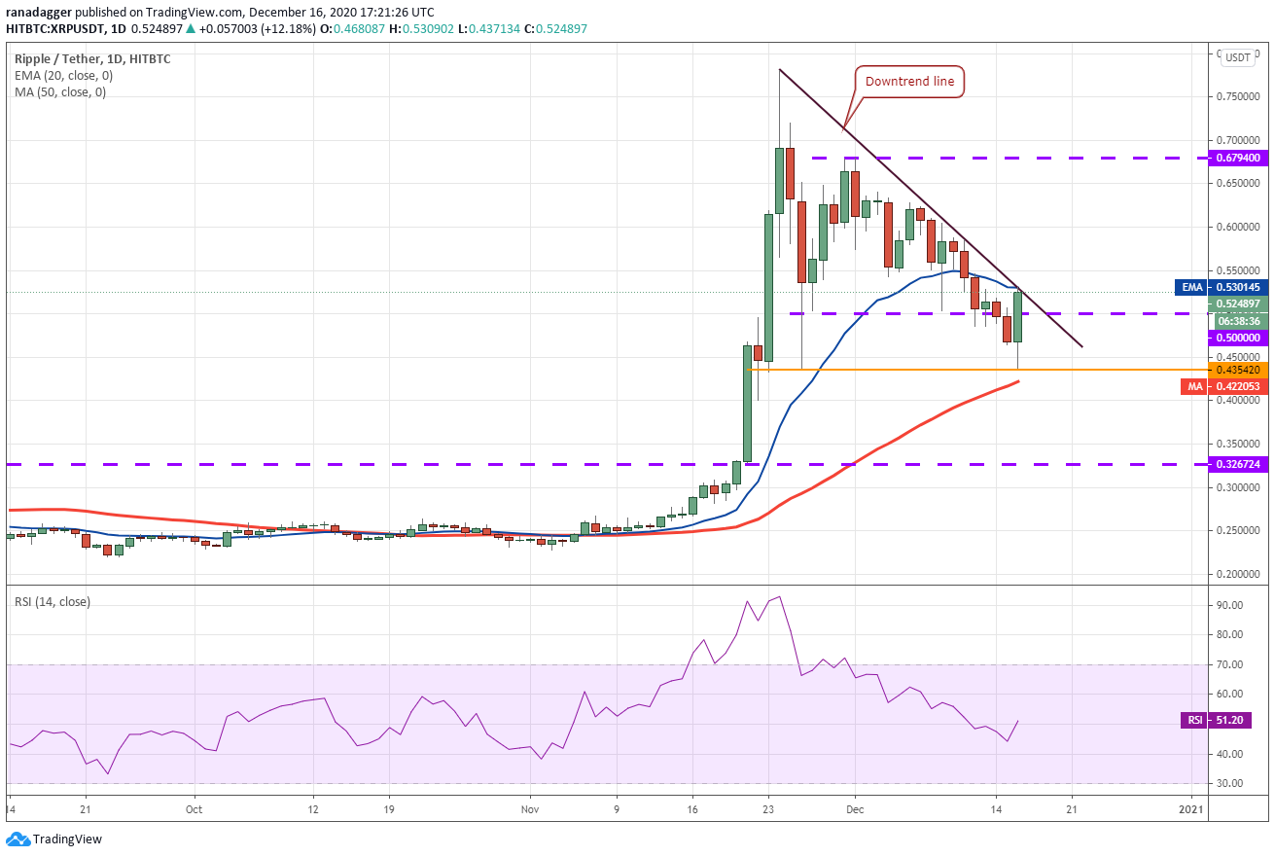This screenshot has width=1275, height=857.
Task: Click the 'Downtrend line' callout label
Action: point(909,82)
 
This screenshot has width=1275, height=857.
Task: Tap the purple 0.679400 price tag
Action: point(1238,158)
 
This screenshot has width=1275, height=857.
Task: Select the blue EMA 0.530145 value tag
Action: point(1222,288)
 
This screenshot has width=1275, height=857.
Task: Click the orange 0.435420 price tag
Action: point(1238,370)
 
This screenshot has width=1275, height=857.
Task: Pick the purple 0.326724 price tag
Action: point(1238,464)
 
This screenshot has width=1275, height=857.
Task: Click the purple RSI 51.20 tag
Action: point(1216,721)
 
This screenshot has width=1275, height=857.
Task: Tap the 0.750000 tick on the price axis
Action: point(1237,97)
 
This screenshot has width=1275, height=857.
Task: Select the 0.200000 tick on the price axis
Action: point(1237,574)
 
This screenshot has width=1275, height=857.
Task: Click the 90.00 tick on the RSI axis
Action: point(1229,605)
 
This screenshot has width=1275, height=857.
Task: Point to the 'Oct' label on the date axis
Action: point(194,809)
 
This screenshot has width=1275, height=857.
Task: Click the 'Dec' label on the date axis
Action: point(854,809)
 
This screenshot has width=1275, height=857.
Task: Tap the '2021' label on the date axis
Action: point(1190,809)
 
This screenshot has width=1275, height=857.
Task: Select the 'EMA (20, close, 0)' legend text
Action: point(64,76)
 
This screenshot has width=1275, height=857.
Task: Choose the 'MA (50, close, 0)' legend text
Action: point(60,92)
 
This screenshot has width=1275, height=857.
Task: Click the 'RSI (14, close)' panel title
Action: point(53,602)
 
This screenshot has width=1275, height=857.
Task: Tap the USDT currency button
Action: point(1238,57)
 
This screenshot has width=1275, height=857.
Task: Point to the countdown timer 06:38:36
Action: point(1240,321)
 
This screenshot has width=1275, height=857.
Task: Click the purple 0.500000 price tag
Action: point(1238,338)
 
